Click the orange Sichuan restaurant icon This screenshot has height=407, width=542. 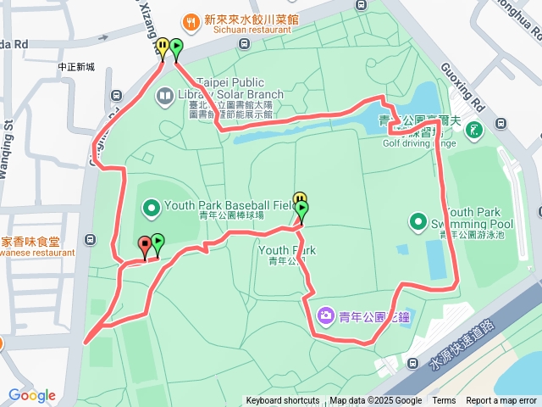pos(190,20)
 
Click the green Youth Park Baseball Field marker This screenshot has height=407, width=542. pos(152,206)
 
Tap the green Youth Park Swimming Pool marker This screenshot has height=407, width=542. pos(418,222)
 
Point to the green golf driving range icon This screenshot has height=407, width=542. pos(475,130)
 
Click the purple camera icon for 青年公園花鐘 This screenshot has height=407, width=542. pos(325,316)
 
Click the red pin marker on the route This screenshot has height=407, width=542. pos(145,246)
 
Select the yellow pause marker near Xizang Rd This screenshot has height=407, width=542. pos(162,47)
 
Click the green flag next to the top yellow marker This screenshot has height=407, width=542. pos(175,49)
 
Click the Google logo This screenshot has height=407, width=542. pos(32,395)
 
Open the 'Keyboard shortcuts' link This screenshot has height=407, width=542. pos(283,401)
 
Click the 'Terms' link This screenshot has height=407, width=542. pos(444,401)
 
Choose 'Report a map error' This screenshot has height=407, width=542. pos(502,401)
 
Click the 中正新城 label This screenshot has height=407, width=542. pos(77,67)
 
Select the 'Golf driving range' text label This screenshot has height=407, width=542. pos(420,143)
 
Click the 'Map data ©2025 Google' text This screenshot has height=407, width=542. pos(375,401)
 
